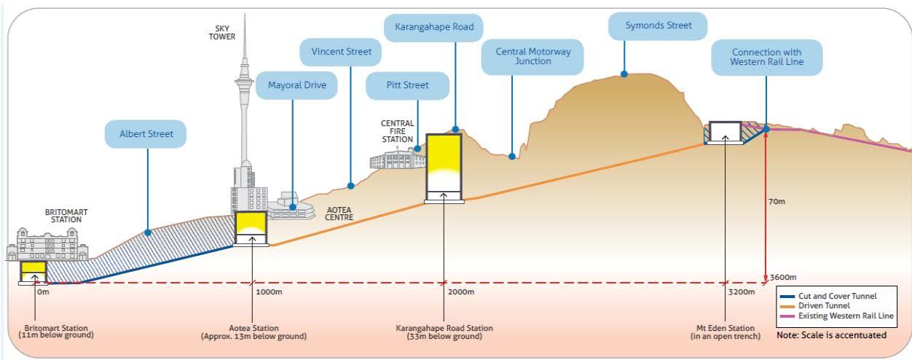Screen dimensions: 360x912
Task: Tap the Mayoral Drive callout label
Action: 293,86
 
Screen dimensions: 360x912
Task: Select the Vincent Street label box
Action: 341,52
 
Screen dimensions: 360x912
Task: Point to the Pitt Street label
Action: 407,85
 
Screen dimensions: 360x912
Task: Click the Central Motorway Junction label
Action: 532,57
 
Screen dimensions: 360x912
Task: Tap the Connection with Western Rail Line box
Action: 766,57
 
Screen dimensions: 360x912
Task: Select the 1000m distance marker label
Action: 268,291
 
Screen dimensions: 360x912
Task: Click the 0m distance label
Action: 44,291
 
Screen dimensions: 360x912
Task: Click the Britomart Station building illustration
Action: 45,243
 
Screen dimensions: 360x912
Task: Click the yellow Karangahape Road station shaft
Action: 444,162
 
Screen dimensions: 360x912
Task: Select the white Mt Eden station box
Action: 724,131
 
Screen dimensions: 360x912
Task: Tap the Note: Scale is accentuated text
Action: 830,334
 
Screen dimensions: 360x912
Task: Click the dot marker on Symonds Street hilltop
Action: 624,74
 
